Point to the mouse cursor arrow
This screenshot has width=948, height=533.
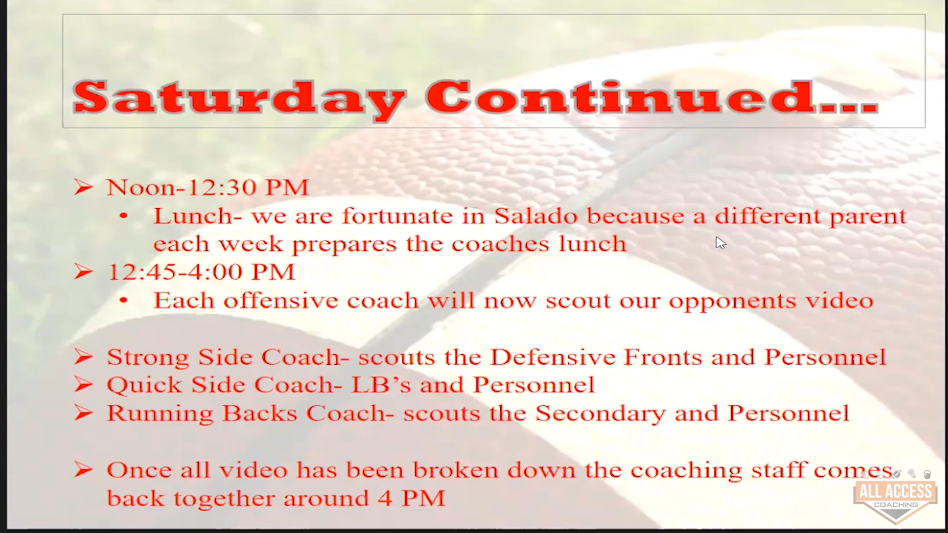720,243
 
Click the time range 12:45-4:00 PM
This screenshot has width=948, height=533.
201,272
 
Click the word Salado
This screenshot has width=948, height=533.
536,216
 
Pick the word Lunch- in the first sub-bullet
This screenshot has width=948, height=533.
197,216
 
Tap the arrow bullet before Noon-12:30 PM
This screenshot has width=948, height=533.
83,187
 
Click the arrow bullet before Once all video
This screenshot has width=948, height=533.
83,470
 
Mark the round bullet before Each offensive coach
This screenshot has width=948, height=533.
123,300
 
